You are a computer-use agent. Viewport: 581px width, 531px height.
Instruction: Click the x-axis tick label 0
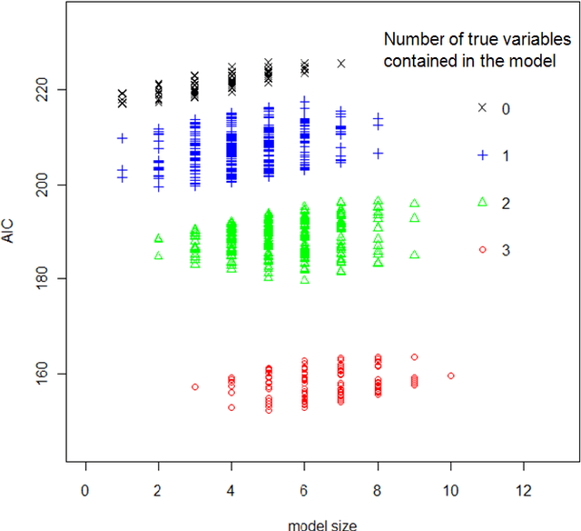click(x=85, y=491)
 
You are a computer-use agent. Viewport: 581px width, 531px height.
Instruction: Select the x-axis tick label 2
click(x=158, y=491)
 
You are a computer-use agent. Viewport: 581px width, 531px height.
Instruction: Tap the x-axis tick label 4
click(x=231, y=491)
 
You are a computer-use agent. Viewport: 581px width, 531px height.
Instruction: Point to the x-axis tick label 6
click(x=304, y=491)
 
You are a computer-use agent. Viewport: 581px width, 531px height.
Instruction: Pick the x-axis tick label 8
click(x=378, y=491)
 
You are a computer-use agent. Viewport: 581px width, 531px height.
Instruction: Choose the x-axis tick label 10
click(x=450, y=491)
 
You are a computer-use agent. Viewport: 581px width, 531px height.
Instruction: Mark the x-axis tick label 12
click(x=524, y=491)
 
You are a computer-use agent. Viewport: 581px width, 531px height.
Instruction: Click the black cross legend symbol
click(x=483, y=108)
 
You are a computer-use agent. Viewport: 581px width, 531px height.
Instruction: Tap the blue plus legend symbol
click(x=483, y=155)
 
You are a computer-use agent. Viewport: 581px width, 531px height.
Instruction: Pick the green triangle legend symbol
click(x=483, y=203)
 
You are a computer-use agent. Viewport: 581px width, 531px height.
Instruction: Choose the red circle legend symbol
click(x=483, y=249)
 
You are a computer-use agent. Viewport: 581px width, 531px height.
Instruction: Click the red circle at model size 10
click(x=451, y=375)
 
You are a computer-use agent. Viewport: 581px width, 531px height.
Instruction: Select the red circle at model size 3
click(x=195, y=387)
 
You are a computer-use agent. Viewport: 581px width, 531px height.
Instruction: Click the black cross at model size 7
click(x=341, y=64)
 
